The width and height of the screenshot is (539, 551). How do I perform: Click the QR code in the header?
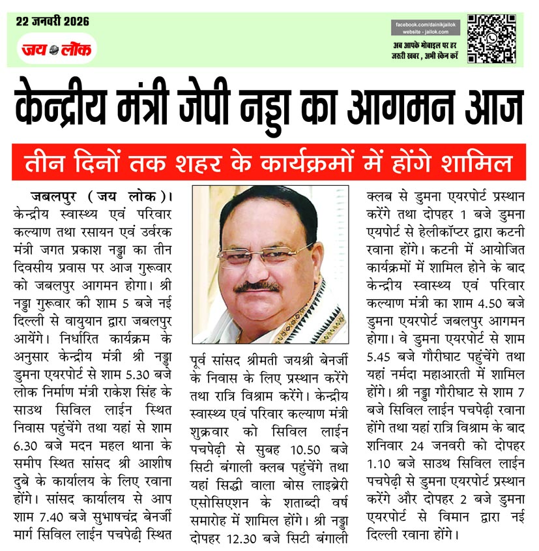tap(491, 39)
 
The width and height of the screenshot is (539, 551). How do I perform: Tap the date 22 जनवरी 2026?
tap(53, 22)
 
